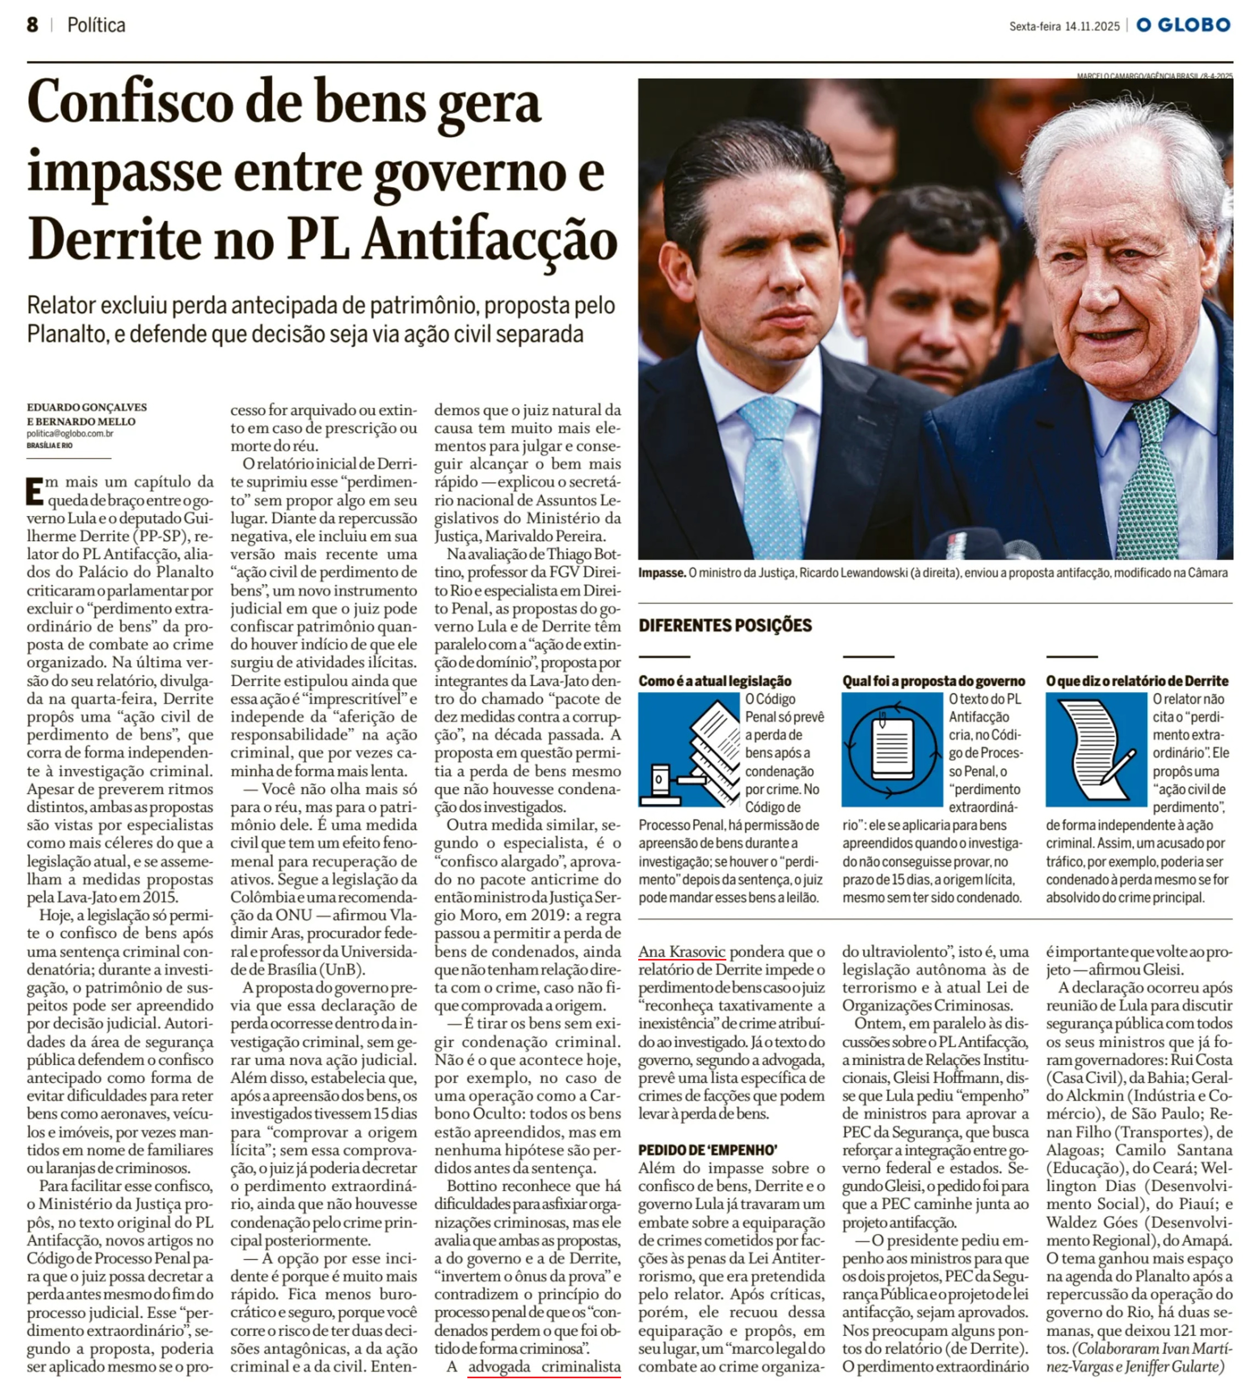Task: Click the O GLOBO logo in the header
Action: (1183, 25)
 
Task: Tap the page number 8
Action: (33, 25)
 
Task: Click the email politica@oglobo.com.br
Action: (70, 434)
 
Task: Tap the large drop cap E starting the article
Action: (34, 490)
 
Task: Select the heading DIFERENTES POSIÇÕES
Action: (725, 625)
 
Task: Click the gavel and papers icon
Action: (689, 749)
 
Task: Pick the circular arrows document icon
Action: (892, 749)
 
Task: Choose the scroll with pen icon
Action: (1096, 749)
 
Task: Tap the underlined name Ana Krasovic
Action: (682, 952)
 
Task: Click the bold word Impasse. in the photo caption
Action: (662, 573)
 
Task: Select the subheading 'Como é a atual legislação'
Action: (715, 681)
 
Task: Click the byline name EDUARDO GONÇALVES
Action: (87, 407)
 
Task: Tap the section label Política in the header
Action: (96, 25)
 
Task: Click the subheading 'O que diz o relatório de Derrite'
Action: (1137, 681)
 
